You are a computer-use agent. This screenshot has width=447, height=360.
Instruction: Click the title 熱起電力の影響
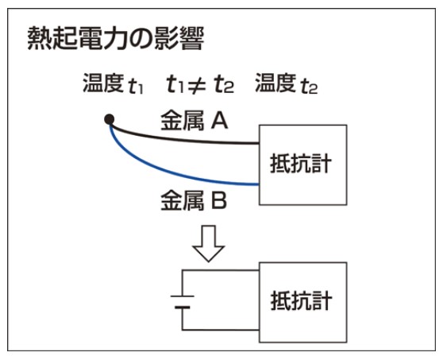(116, 38)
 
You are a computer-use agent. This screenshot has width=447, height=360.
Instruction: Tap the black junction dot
(110, 119)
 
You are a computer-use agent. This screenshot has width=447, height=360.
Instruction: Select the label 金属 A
(195, 120)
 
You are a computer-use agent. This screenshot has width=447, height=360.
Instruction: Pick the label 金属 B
(194, 200)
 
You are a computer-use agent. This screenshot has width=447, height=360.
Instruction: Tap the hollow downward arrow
(208, 243)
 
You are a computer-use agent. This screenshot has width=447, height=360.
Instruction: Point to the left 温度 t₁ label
(113, 83)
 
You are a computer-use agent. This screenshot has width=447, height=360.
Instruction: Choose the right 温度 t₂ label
(286, 83)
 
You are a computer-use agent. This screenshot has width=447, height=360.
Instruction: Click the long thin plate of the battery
(183, 296)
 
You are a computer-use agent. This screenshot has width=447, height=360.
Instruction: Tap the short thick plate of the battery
(183, 308)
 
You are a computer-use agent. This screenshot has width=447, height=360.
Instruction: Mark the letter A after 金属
(219, 120)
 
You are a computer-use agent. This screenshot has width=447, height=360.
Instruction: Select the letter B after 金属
(219, 200)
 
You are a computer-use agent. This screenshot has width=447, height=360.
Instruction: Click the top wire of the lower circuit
(221, 270)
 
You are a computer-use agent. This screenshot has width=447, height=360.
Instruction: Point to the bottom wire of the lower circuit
(221, 330)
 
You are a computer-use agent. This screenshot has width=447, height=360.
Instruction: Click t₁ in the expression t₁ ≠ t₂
(175, 84)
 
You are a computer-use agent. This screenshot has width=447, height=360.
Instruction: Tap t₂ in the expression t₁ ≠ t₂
(224, 84)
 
